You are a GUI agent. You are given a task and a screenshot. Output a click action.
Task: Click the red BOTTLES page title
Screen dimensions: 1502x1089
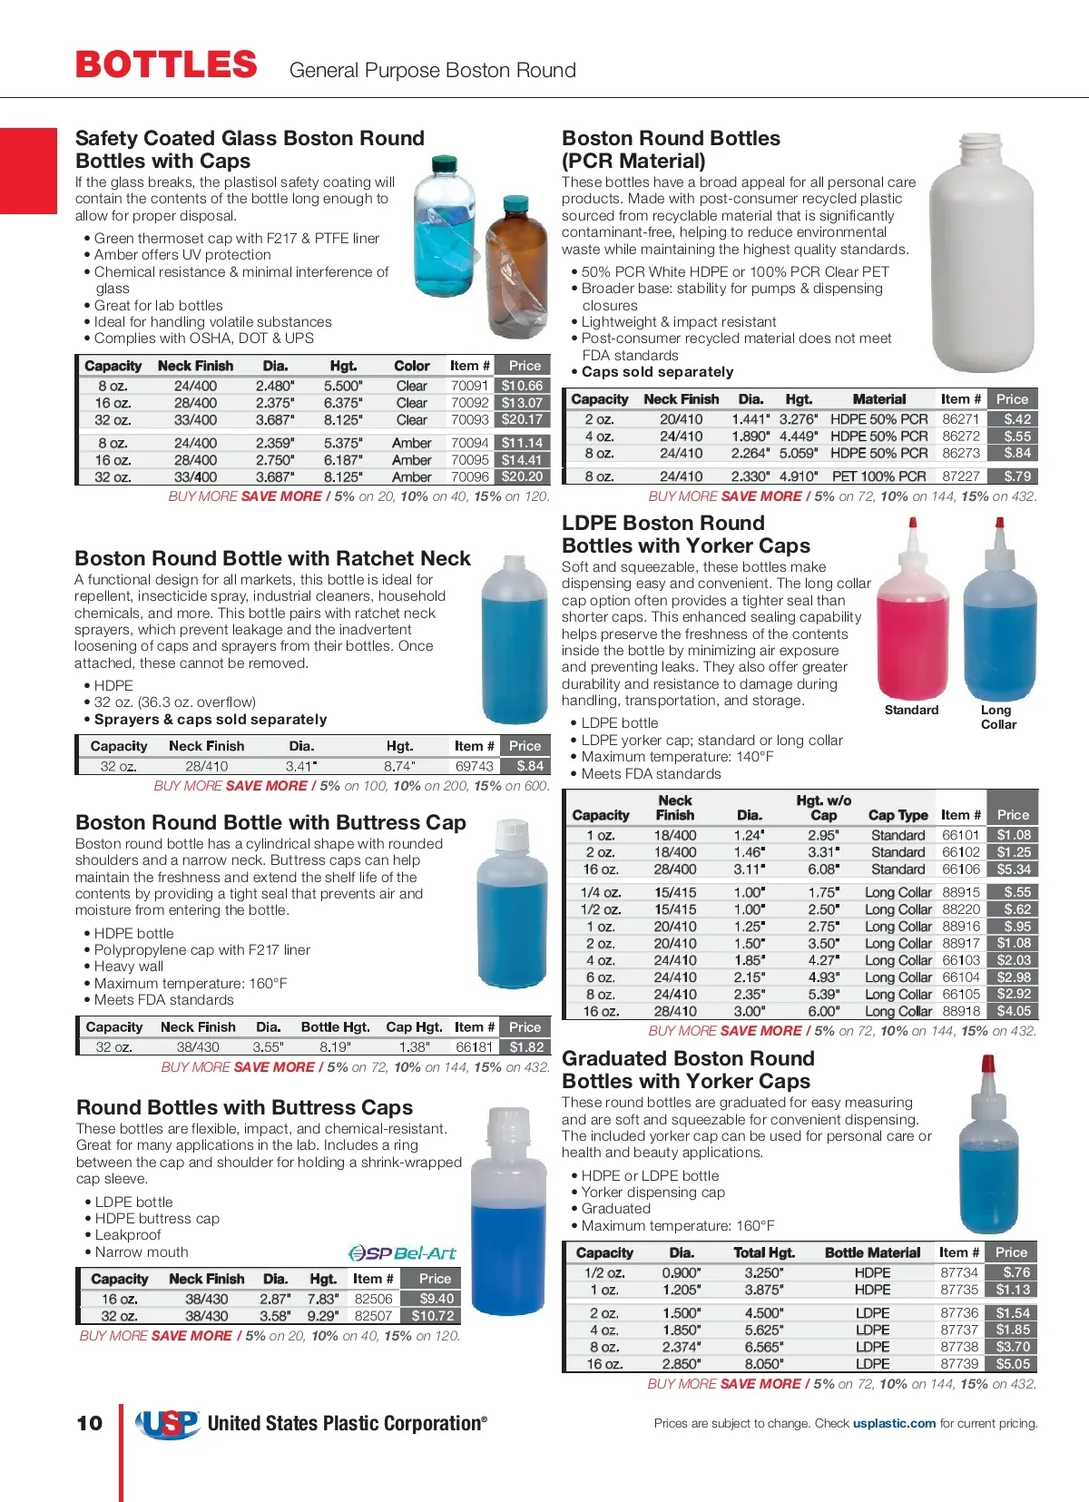[x=166, y=65]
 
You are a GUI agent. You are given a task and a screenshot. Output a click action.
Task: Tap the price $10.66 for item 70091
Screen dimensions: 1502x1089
[x=523, y=386]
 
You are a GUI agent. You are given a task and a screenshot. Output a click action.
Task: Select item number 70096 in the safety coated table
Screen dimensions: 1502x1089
[x=470, y=476]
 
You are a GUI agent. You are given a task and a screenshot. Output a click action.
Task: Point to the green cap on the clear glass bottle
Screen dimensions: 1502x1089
[x=445, y=165]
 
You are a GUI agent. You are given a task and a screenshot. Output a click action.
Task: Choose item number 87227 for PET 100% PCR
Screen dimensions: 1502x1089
[x=960, y=476]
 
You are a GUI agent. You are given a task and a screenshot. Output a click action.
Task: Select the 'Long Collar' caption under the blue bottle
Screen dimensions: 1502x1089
[x=997, y=717]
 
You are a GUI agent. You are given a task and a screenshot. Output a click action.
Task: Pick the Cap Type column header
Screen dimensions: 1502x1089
[x=898, y=815]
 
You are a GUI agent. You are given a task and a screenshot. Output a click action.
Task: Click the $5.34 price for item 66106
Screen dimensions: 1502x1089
[x=1013, y=869]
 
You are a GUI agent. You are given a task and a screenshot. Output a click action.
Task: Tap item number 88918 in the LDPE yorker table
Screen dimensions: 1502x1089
[x=960, y=1011]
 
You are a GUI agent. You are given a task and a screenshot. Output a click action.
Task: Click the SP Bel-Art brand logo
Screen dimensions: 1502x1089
[x=402, y=1253]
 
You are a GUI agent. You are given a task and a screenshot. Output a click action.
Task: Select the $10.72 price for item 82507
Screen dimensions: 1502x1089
[x=433, y=1316]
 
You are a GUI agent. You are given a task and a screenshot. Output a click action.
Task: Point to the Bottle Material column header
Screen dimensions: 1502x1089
[x=872, y=1252]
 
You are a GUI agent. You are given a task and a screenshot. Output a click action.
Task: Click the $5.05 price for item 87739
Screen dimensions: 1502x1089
[x=1012, y=1364]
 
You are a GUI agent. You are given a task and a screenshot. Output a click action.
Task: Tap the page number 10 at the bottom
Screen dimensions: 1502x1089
[x=90, y=1423]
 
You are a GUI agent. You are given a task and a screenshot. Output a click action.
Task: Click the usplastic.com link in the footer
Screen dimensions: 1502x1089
[x=894, y=1423]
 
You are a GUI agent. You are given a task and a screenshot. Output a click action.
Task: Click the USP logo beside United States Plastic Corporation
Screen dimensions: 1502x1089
[x=167, y=1424]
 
